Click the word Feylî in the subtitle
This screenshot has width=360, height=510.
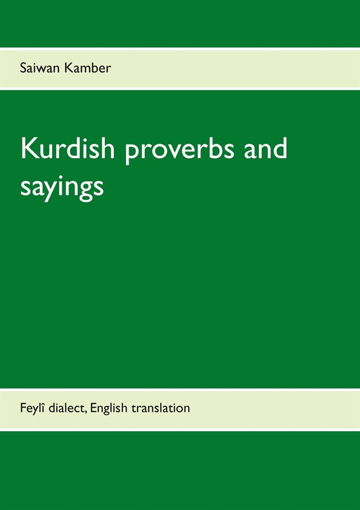[32, 407]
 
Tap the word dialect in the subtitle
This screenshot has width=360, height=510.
[69, 407]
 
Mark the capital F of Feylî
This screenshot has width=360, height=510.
[23, 407]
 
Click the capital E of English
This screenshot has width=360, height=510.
[98, 407]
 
